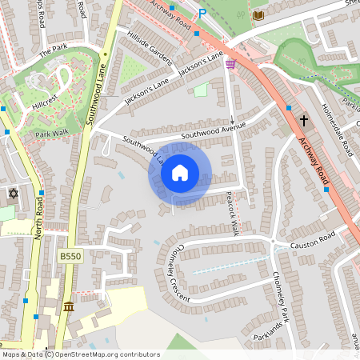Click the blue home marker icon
click(x=180, y=173)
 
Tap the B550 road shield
click(x=70, y=256)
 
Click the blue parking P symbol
click(x=202, y=14)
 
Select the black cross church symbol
click(x=303, y=121)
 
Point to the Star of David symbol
click(x=12, y=194)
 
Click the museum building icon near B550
click(x=69, y=307)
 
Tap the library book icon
click(x=258, y=15)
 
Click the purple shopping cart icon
click(x=230, y=64)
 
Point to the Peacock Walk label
click(x=232, y=218)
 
